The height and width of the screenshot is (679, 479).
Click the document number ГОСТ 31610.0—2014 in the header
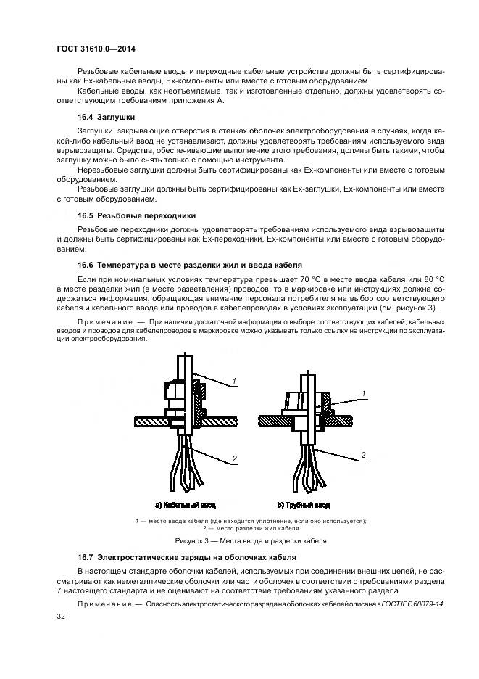tap(96, 49)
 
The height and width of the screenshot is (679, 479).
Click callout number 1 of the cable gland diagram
tap(234, 380)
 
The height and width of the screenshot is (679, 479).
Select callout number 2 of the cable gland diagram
tap(234, 458)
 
